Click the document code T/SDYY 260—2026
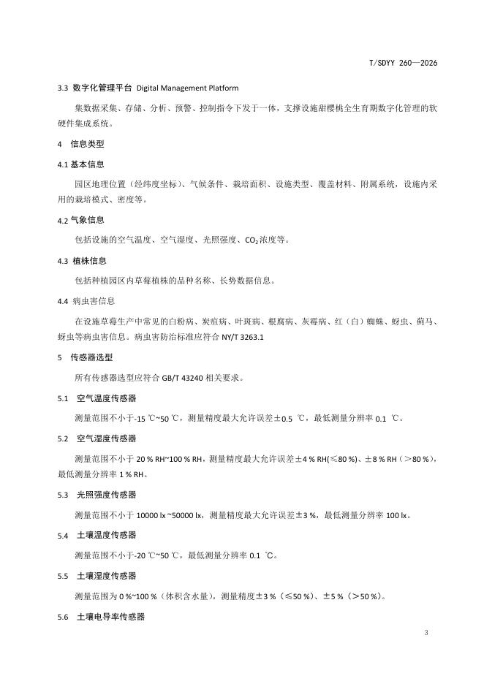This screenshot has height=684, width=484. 403,64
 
